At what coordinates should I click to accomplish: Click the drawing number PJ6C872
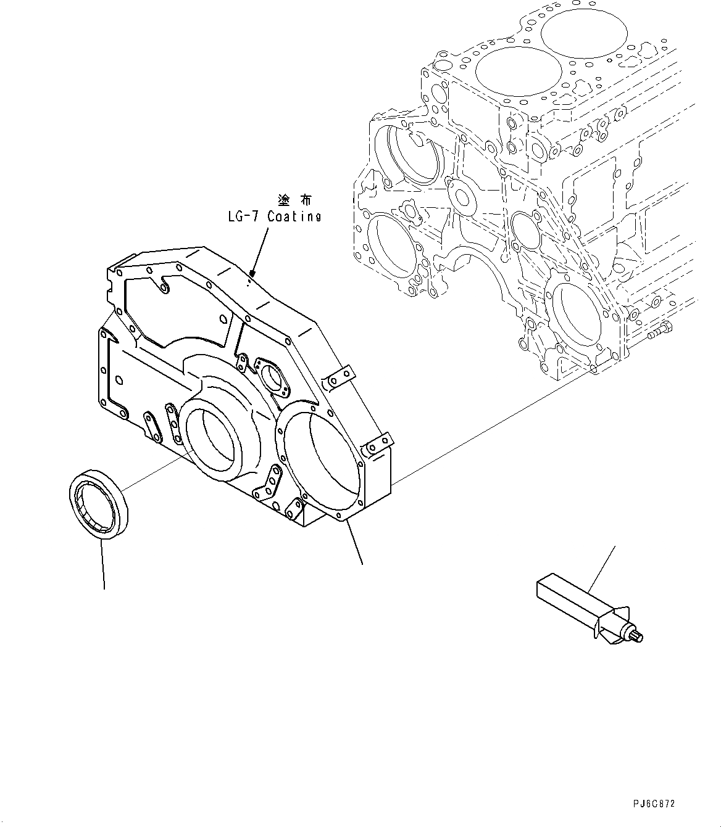pyautogui.click(x=654, y=804)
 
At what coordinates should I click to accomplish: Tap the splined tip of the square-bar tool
pyautogui.click(x=635, y=636)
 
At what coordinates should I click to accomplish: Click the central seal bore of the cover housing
pyautogui.click(x=210, y=437)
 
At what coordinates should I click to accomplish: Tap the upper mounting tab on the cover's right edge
pyautogui.click(x=340, y=377)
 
